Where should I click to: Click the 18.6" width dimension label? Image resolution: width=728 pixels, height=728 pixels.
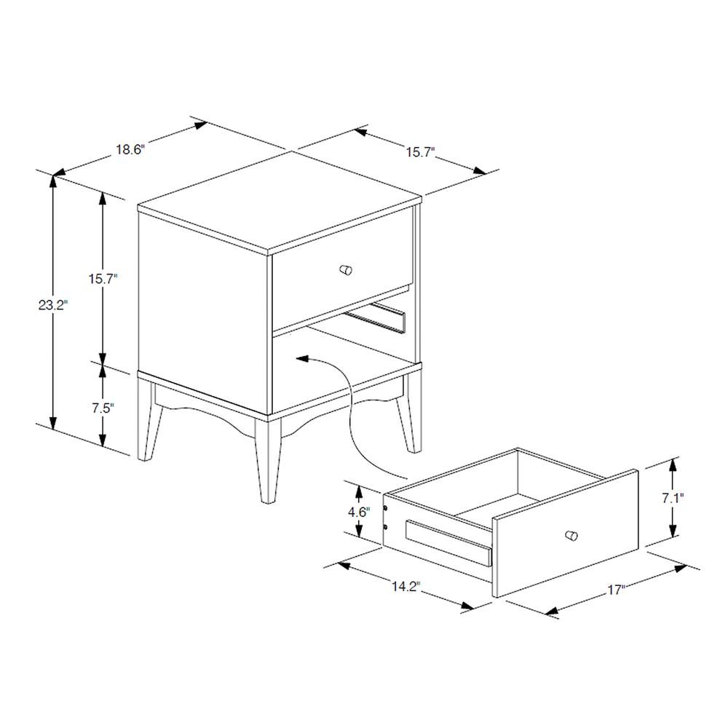(x=130, y=150)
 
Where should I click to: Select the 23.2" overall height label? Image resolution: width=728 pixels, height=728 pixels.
(x=52, y=306)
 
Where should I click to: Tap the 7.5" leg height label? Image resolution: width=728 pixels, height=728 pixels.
(x=102, y=408)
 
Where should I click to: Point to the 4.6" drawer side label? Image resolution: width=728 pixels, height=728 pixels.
(x=357, y=512)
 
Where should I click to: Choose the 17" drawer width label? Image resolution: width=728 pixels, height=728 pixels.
(x=617, y=590)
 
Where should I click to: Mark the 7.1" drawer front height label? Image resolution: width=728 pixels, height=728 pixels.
(x=672, y=499)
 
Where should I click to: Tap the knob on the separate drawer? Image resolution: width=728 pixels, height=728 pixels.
(x=571, y=536)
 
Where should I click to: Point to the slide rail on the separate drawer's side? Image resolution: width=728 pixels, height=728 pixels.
(x=448, y=542)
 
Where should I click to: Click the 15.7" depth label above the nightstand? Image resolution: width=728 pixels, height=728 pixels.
(x=420, y=152)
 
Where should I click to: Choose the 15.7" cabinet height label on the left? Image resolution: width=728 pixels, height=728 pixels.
(x=102, y=278)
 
